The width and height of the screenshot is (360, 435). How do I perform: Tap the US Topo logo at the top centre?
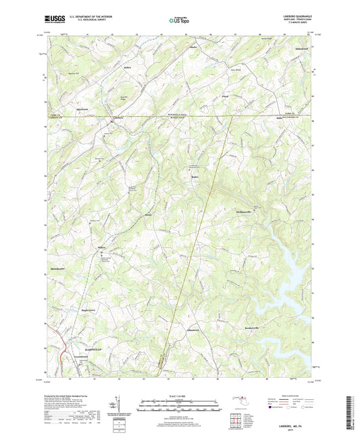click(178, 22)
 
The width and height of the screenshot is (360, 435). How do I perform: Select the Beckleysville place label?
click(253, 316)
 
